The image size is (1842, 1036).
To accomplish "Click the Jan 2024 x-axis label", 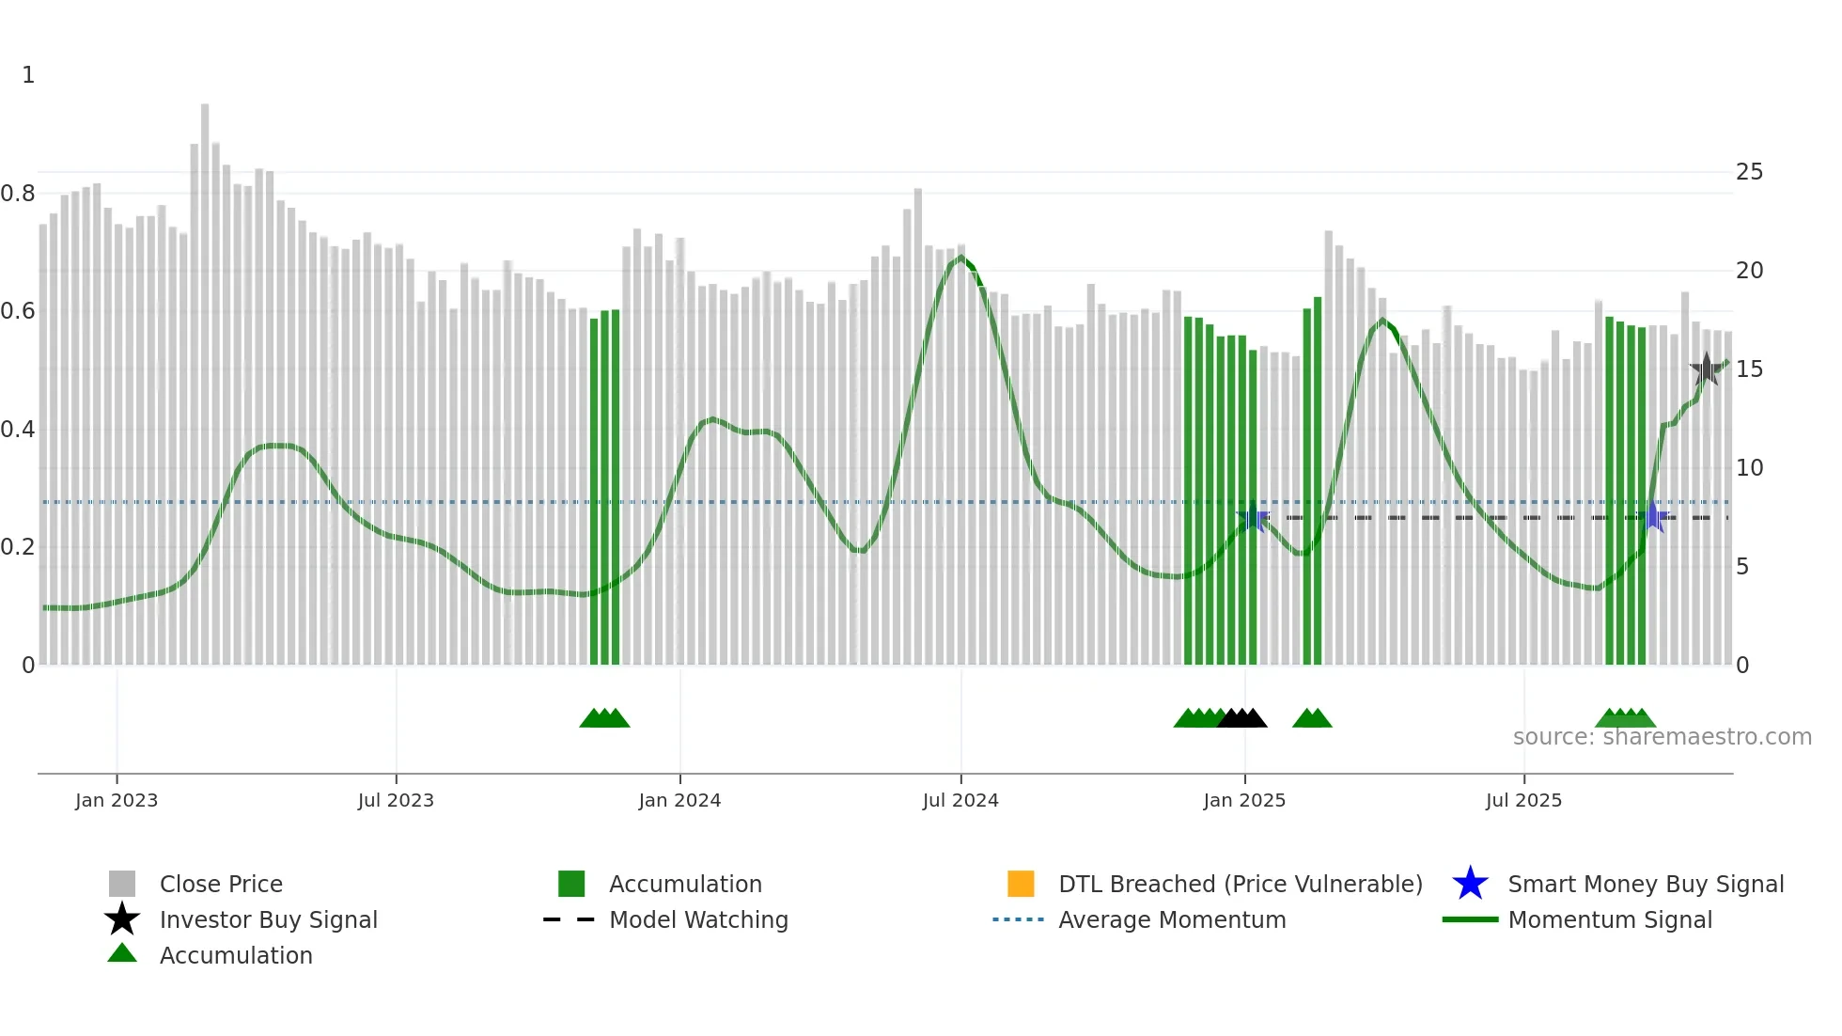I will click(x=679, y=800).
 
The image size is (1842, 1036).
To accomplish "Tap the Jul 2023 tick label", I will click(x=396, y=800).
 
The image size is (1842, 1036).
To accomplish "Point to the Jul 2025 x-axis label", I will click(x=1523, y=800).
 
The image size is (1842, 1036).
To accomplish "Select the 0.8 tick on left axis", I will click(x=18, y=194).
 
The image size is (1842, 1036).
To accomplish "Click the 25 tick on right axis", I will click(x=1749, y=172).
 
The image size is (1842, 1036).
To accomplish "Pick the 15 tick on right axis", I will click(x=1749, y=369).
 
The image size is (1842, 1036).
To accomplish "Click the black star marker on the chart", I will click(x=1706, y=369).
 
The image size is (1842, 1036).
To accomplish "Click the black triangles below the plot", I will click(x=1241, y=718).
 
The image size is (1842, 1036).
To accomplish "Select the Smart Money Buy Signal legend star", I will click(x=1470, y=884).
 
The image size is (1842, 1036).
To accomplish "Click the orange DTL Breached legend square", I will click(x=1021, y=884).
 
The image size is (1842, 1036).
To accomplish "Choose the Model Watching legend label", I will click(x=698, y=919).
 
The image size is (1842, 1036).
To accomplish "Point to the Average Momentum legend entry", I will click(x=1171, y=919).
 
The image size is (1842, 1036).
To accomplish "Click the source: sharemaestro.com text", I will click(x=1662, y=737).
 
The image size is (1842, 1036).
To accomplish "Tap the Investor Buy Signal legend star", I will click(x=122, y=919).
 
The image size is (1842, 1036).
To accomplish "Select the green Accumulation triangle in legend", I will click(x=122, y=953).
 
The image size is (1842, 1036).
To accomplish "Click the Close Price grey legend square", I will click(x=122, y=884).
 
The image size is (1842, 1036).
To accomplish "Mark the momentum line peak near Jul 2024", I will click(x=960, y=257).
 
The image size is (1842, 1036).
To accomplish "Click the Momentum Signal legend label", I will click(x=1609, y=919).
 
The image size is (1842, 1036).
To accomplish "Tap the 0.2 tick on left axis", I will click(x=18, y=547).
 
